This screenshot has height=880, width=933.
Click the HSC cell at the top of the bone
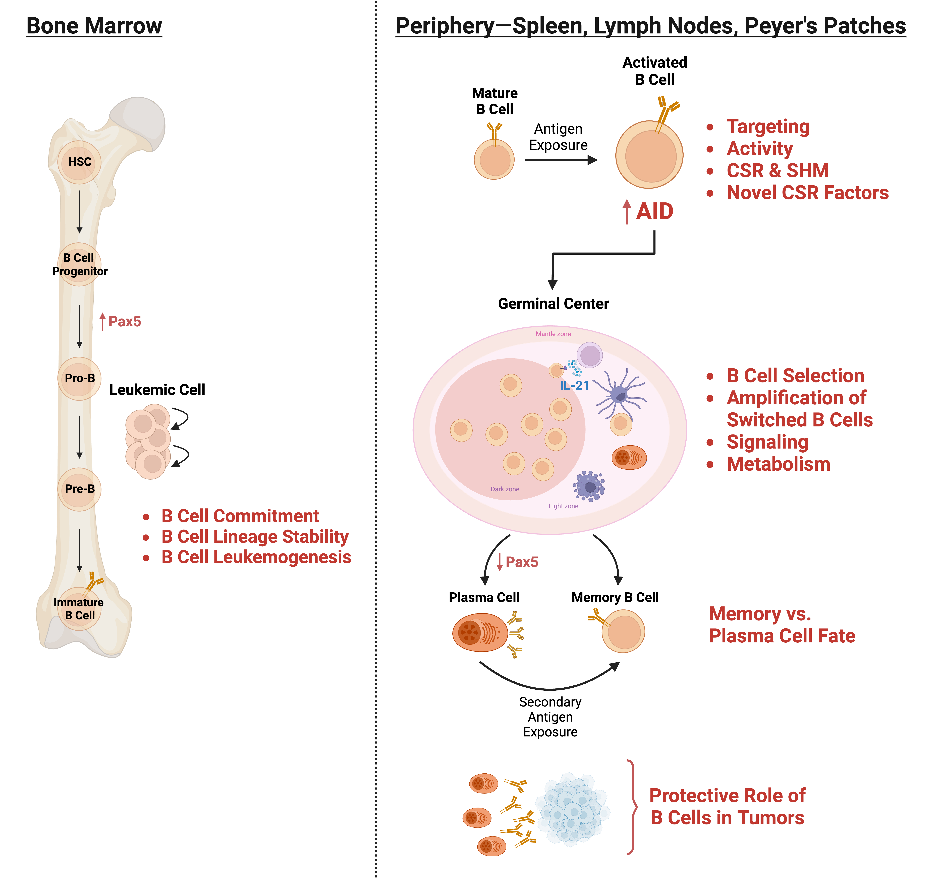(x=79, y=162)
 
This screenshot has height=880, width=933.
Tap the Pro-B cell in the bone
(x=79, y=378)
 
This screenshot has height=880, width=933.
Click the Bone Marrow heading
(x=94, y=26)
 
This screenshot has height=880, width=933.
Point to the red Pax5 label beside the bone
(x=124, y=322)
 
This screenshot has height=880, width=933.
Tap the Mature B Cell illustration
(x=494, y=159)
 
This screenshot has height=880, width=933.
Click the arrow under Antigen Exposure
(x=561, y=160)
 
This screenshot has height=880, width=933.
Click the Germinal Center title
(x=553, y=304)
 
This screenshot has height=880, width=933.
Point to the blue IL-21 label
(x=574, y=385)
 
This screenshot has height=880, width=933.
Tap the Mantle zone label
(x=553, y=334)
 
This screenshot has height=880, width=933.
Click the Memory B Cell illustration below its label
(x=623, y=631)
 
